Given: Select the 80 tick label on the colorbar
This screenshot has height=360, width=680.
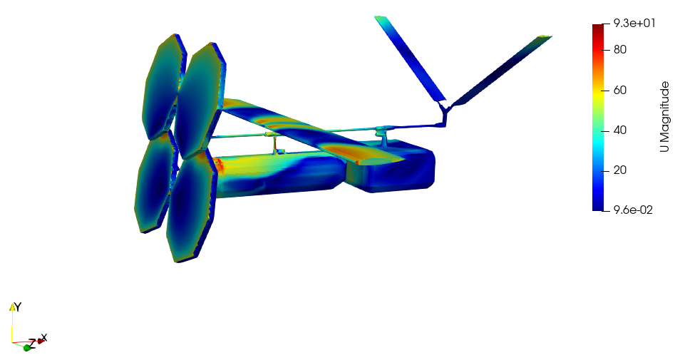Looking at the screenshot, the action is pos(620,49).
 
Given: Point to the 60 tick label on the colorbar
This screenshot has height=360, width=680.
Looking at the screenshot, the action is pos(620,91).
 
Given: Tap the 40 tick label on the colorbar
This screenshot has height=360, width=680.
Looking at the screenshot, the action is pos(620,130).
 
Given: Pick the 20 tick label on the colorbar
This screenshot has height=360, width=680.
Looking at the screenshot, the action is pos(620,170).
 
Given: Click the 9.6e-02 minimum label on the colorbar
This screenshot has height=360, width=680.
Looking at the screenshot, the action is pos(633,210).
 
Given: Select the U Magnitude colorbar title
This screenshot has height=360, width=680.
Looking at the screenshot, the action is pos(664,117).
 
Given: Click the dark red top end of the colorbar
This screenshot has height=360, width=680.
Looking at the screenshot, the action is pos(597,27).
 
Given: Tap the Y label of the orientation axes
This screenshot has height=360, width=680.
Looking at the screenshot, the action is pos(18,307).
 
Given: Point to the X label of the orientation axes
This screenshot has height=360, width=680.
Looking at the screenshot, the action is pos(43,337).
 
